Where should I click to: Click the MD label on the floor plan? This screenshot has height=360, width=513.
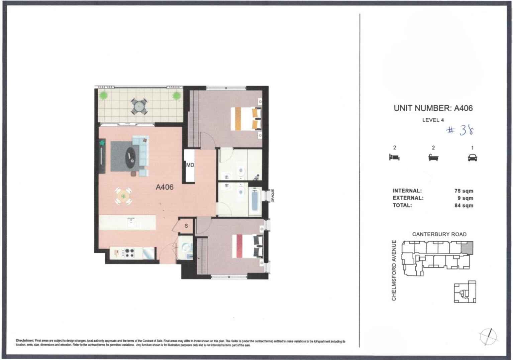(x=190, y=165)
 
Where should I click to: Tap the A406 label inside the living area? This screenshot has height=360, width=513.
(x=165, y=187)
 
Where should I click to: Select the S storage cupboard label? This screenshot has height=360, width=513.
(x=186, y=226)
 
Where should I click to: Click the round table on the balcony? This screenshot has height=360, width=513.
(x=138, y=106)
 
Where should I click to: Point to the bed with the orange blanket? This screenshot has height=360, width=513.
(x=246, y=118)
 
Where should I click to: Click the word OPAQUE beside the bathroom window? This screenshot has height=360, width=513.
(x=273, y=196)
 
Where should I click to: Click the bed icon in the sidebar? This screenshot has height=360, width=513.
(x=394, y=157)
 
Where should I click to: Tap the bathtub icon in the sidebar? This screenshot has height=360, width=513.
(x=433, y=157)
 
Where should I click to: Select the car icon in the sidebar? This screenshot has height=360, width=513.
(x=472, y=157)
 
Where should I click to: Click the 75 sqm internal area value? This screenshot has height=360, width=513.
(x=464, y=191)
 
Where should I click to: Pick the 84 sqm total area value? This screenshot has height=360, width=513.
(x=464, y=206)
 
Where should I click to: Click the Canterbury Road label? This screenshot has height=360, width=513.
(x=439, y=234)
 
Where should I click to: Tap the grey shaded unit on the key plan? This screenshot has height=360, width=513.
(x=467, y=248)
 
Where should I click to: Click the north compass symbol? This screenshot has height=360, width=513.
(x=488, y=336)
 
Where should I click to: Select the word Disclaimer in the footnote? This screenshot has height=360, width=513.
(x=25, y=341)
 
